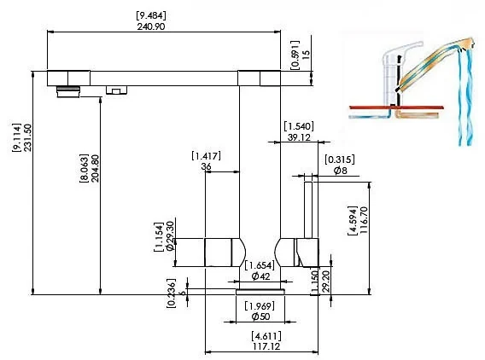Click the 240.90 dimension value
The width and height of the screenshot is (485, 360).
pos(151,26)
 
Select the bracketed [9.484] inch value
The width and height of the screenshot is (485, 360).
pos(151,15)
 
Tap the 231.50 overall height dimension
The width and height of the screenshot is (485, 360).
pos(27,137)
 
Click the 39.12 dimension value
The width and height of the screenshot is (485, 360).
pos(299,137)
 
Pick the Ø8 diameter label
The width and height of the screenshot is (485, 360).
pos(340,171)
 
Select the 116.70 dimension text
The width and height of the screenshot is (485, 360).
pos(364,220)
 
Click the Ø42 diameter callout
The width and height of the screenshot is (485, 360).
pos(260,276)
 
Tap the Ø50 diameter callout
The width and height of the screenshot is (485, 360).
pos(260,316)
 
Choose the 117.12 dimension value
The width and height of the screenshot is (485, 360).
pos(266,346)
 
